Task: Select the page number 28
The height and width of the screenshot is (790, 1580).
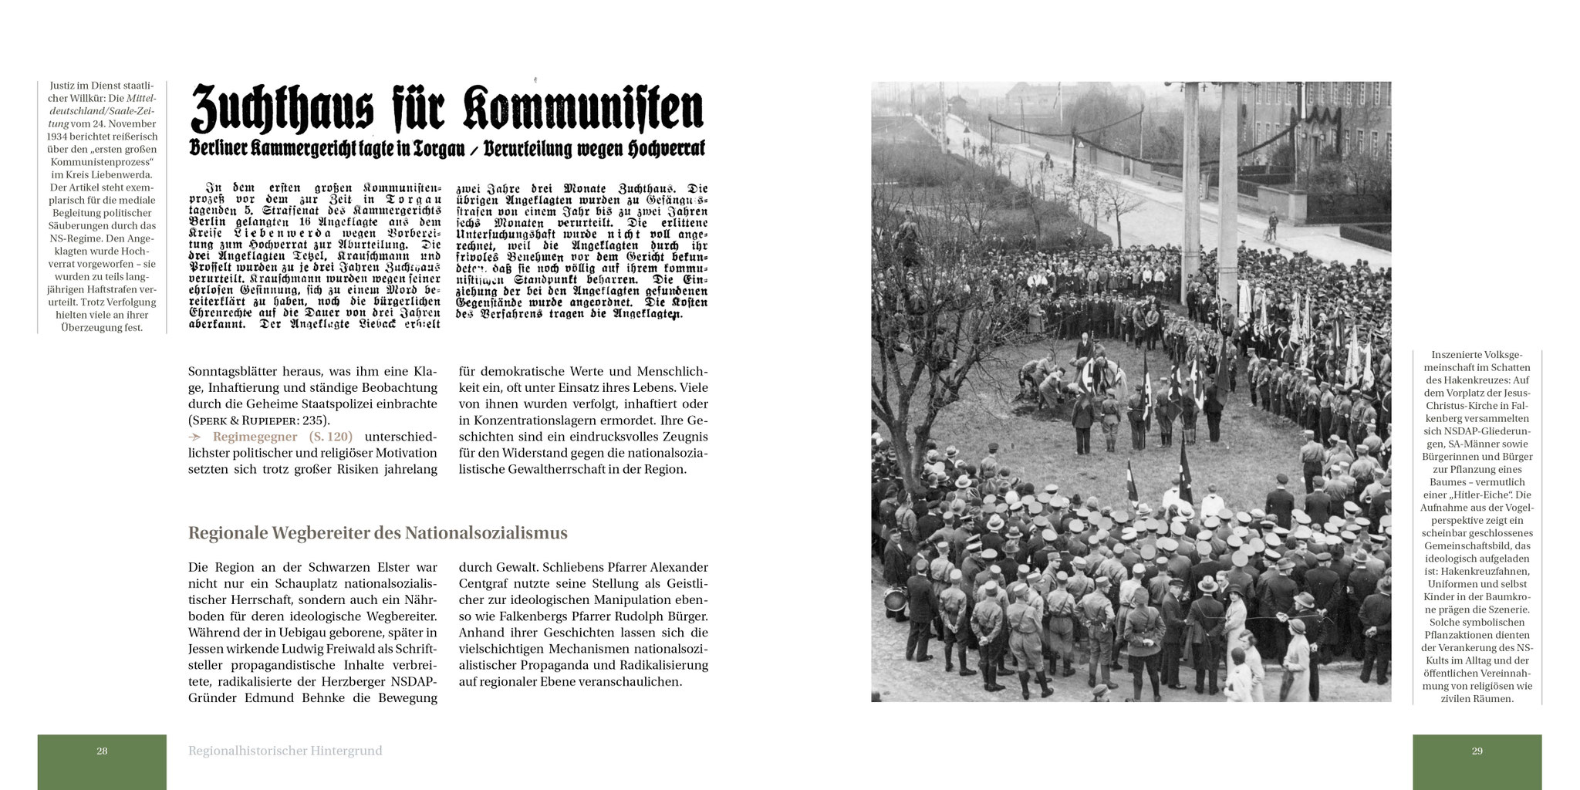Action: click(x=102, y=751)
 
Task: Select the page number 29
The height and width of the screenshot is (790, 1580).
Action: click(x=1477, y=751)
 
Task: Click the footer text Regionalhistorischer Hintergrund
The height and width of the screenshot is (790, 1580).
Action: click(x=285, y=751)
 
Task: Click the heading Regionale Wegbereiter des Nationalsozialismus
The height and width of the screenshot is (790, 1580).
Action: click(x=377, y=533)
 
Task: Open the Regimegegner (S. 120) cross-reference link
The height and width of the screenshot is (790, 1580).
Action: click(x=282, y=437)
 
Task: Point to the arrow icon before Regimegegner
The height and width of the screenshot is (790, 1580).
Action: click(x=196, y=437)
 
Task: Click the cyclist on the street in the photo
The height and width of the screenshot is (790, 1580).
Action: click(x=1270, y=228)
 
